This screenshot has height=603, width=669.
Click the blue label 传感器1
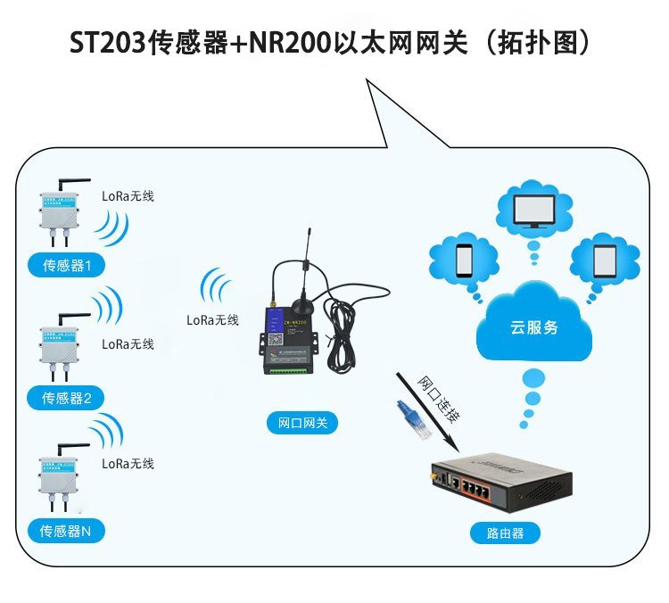67,265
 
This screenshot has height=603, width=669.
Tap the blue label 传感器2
67,398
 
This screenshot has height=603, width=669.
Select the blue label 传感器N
67,531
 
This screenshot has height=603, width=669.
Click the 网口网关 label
297,424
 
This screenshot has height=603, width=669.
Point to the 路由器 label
506,534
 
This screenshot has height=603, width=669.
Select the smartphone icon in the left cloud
464,259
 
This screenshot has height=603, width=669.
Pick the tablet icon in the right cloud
605,259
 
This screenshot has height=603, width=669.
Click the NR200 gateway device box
288,339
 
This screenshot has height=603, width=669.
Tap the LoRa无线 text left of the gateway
212,320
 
